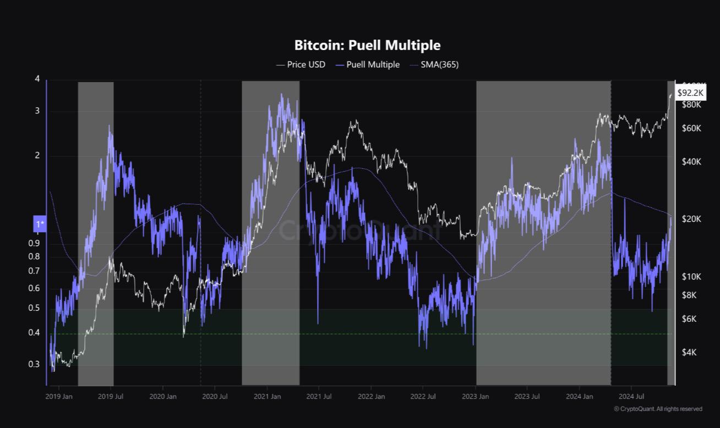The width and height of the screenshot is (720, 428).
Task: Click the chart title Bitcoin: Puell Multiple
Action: [367, 45]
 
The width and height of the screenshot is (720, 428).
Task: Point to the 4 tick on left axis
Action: [37, 79]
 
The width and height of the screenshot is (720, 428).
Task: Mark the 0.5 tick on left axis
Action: [34, 308]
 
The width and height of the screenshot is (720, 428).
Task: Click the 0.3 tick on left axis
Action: [34, 364]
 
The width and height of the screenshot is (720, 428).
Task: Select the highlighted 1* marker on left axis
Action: [40, 224]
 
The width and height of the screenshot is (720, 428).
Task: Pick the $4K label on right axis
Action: [690, 352]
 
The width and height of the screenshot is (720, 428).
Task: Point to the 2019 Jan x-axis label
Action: [59, 396]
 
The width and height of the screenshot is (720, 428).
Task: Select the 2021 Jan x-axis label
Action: [268, 396]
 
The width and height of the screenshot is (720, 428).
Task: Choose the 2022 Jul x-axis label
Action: [424, 396]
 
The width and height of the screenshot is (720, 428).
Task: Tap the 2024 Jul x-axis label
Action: [631, 396]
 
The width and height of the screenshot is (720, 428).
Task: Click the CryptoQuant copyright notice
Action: [658, 409]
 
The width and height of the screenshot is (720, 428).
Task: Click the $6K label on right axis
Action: [690, 319]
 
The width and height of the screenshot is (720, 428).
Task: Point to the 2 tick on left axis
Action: [37, 156]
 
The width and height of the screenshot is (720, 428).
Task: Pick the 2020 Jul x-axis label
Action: [215, 396]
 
